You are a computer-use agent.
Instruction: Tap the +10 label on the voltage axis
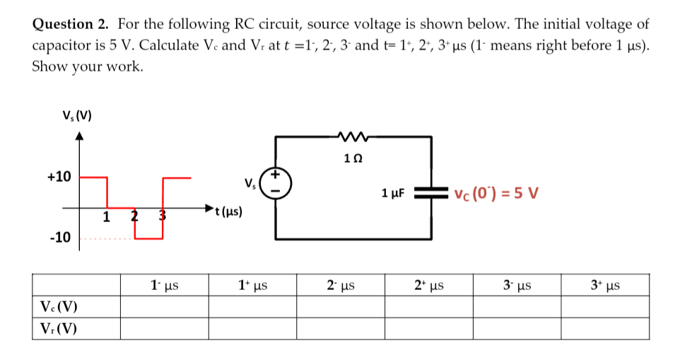[59, 176]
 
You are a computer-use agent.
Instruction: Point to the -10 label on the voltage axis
[60, 238]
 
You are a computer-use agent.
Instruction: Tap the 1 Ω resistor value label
[353, 157]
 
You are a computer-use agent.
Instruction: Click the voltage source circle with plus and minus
[275, 182]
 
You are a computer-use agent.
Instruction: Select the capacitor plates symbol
[430, 192]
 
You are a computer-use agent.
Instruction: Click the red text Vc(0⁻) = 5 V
[497, 192]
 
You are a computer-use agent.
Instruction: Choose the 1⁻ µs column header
[164, 286]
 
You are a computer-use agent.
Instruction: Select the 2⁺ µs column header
[429, 286]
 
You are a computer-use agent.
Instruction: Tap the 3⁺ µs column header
[605, 286]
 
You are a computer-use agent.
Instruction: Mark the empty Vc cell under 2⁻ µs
[341, 307]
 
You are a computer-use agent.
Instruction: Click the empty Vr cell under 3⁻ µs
[517, 329]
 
